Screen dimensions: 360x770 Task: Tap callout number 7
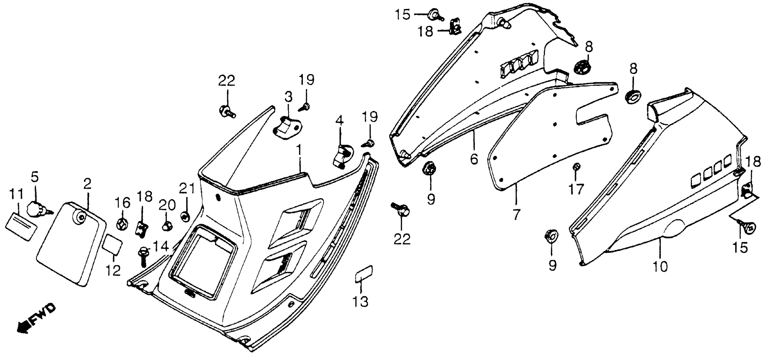[x=516, y=214]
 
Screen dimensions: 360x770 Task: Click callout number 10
[x=660, y=266]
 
